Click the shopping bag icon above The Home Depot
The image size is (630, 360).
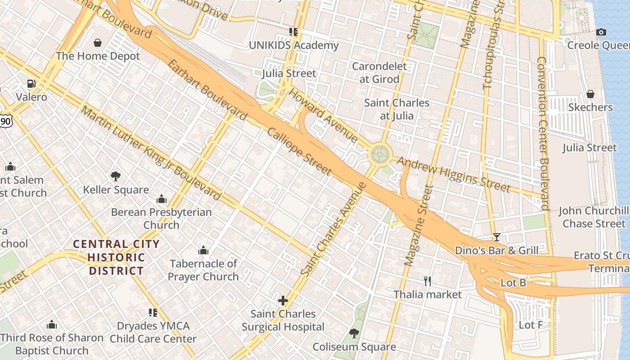98,43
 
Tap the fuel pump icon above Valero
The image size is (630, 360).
31,83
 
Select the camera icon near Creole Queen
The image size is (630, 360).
601,32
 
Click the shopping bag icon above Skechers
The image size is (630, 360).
590,94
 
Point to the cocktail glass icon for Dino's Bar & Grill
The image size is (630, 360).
497,237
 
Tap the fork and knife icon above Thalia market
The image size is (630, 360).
427,281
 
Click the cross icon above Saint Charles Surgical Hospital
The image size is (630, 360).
283,300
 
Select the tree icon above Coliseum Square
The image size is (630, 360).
354,333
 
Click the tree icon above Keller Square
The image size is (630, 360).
116,176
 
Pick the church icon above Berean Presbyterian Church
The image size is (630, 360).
161,199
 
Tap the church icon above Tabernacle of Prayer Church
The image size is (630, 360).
203,250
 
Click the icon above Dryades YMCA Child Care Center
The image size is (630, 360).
153,312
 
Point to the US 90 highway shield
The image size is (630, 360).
5,120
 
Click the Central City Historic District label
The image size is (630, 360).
116,257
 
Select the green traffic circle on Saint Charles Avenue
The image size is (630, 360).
380,155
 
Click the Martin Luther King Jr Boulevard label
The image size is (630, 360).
151,153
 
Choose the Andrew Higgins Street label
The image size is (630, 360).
454,175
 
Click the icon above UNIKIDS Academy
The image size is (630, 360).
293,32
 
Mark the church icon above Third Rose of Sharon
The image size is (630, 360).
52,324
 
